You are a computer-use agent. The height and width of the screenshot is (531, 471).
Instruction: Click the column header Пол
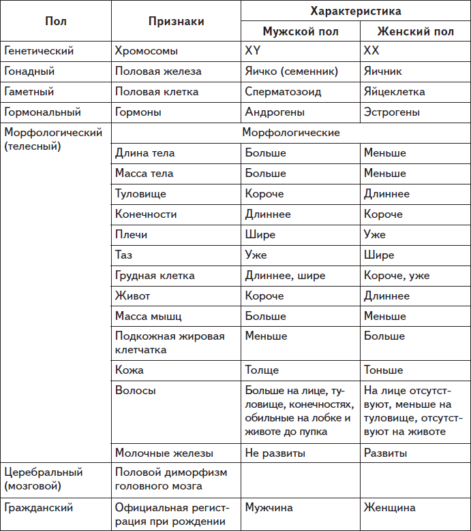tap(55, 21)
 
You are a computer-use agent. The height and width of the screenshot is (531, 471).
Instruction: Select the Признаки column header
tap(176, 21)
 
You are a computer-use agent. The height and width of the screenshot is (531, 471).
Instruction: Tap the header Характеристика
tap(355, 11)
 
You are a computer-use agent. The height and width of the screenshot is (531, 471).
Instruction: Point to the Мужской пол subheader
tap(300, 31)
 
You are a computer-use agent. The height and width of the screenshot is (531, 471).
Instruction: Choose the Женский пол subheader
tap(415, 31)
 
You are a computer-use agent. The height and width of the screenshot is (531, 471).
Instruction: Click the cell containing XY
tap(253, 51)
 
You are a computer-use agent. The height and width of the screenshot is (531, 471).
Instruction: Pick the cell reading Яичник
tap(382, 71)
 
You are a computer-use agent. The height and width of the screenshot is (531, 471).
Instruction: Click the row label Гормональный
tap(42, 112)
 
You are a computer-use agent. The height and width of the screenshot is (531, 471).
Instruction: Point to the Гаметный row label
tap(29, 92)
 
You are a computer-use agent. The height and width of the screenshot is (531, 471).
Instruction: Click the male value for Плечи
tap(260, 235)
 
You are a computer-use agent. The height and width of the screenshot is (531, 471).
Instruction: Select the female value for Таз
tap(379, 255)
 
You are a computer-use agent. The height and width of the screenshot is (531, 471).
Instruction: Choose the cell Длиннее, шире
tap(285, 276)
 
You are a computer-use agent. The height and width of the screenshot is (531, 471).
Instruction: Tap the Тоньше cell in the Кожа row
tap(383, 371)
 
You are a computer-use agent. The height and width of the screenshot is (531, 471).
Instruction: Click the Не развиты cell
tap(275, 453)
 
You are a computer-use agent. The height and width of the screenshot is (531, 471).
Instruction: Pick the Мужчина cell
tap(269, 508)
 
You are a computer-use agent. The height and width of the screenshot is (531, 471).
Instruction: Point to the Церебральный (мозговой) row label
tap(43, 479)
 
